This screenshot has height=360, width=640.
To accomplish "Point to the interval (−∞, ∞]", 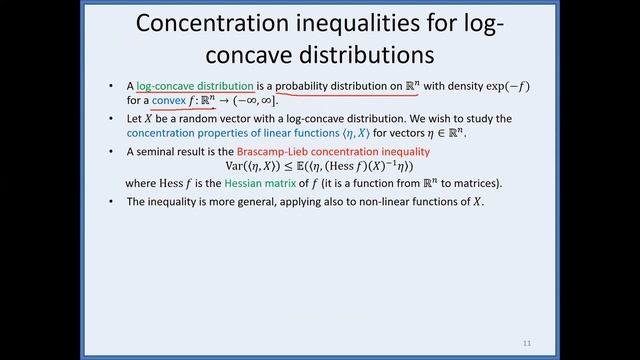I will click(245, 101).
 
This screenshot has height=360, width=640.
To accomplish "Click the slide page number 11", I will click(526, 343).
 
